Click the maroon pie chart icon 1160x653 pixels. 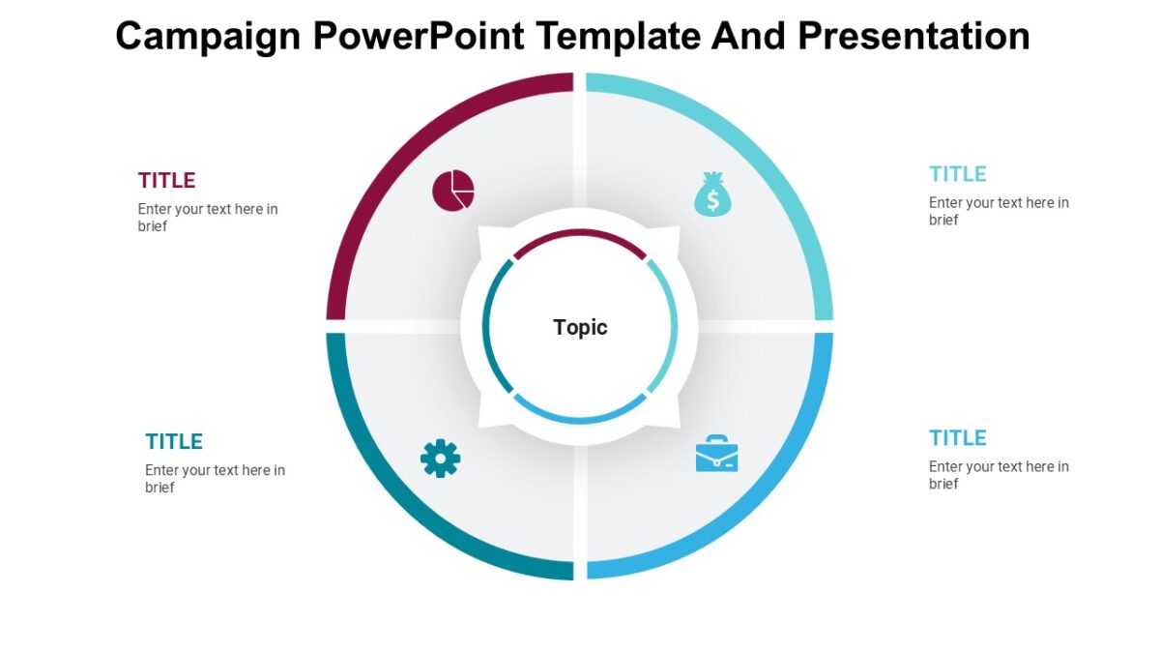coord(452,190)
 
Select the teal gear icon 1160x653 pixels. coord(440,458)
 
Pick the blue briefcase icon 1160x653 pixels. coord(716,454)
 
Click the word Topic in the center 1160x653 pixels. coord(580,327)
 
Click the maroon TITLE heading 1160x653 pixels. coord(166,181)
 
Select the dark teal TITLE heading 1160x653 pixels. coord(174,442)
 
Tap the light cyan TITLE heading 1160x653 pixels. coord(957,174)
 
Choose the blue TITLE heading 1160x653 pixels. coord(957,438)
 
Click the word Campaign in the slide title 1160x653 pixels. coord(208,37)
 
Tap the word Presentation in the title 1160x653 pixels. coord(913,37)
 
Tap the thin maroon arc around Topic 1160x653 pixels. coord(580,234)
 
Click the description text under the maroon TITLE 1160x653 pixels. coord(207,218)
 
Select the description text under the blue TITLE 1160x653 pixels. coord(999,475)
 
